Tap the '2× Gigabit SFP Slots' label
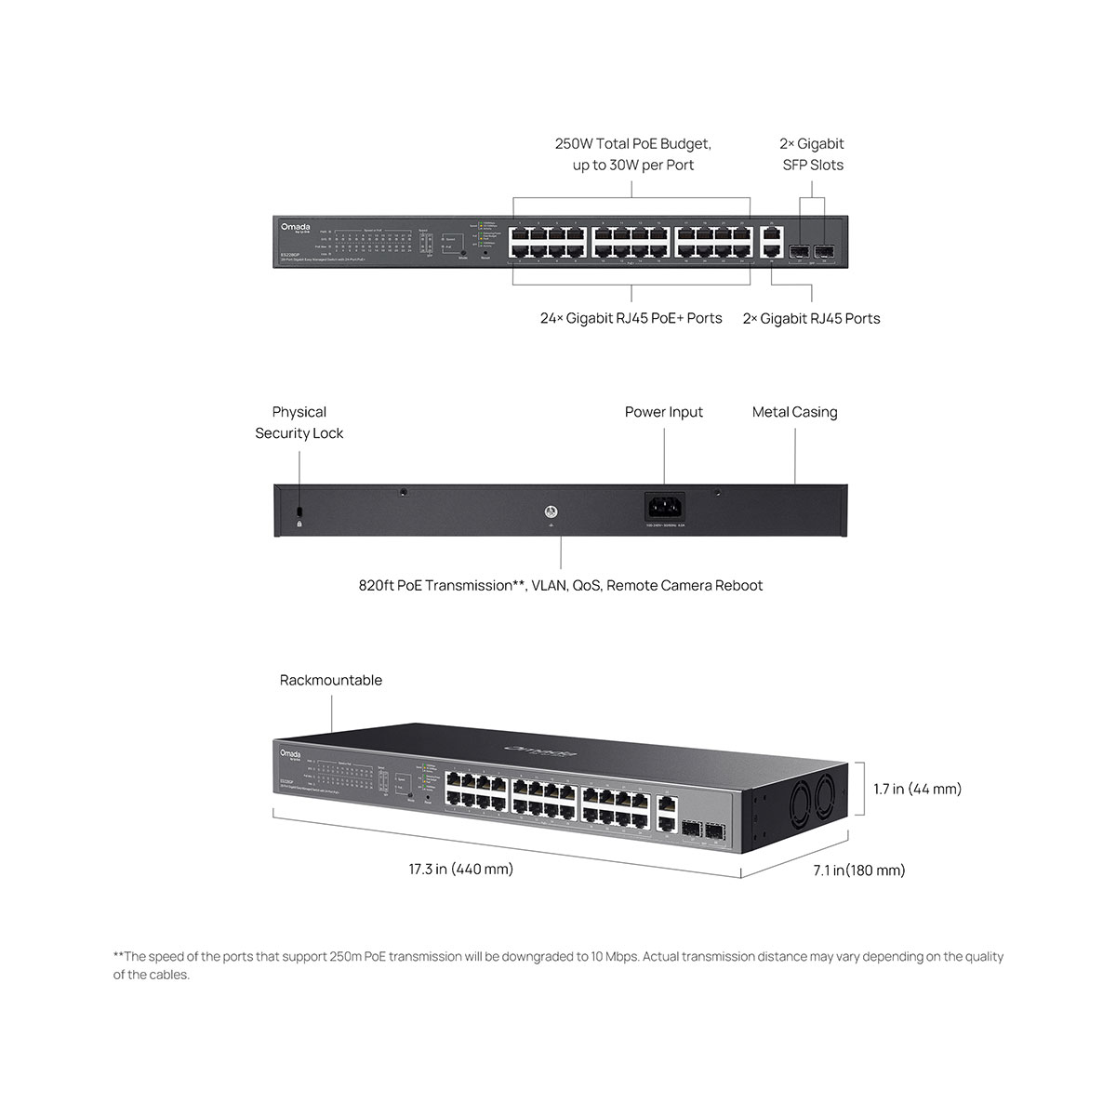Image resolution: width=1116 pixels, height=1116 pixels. (812, 154)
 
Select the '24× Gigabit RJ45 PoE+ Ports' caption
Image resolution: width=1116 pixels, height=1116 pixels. (631, 318)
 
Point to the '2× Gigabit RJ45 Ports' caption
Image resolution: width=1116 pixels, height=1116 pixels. (811, 318)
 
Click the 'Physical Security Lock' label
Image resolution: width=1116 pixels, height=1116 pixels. (299, 422)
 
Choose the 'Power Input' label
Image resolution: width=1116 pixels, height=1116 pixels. (664, 412)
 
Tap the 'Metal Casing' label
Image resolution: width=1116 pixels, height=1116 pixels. (794, 412)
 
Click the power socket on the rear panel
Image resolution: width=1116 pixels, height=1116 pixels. (665, 508)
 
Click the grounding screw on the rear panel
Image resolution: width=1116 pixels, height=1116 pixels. (551, 511)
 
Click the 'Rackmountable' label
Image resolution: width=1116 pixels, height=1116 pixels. (331, 681)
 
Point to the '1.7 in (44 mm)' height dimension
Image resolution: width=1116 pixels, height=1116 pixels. (917, 790)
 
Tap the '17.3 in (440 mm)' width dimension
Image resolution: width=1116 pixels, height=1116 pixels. (461, 870)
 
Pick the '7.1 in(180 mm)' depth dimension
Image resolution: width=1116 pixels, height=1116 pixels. (858, 870)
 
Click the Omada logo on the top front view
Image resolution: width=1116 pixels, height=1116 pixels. (296, 226)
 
